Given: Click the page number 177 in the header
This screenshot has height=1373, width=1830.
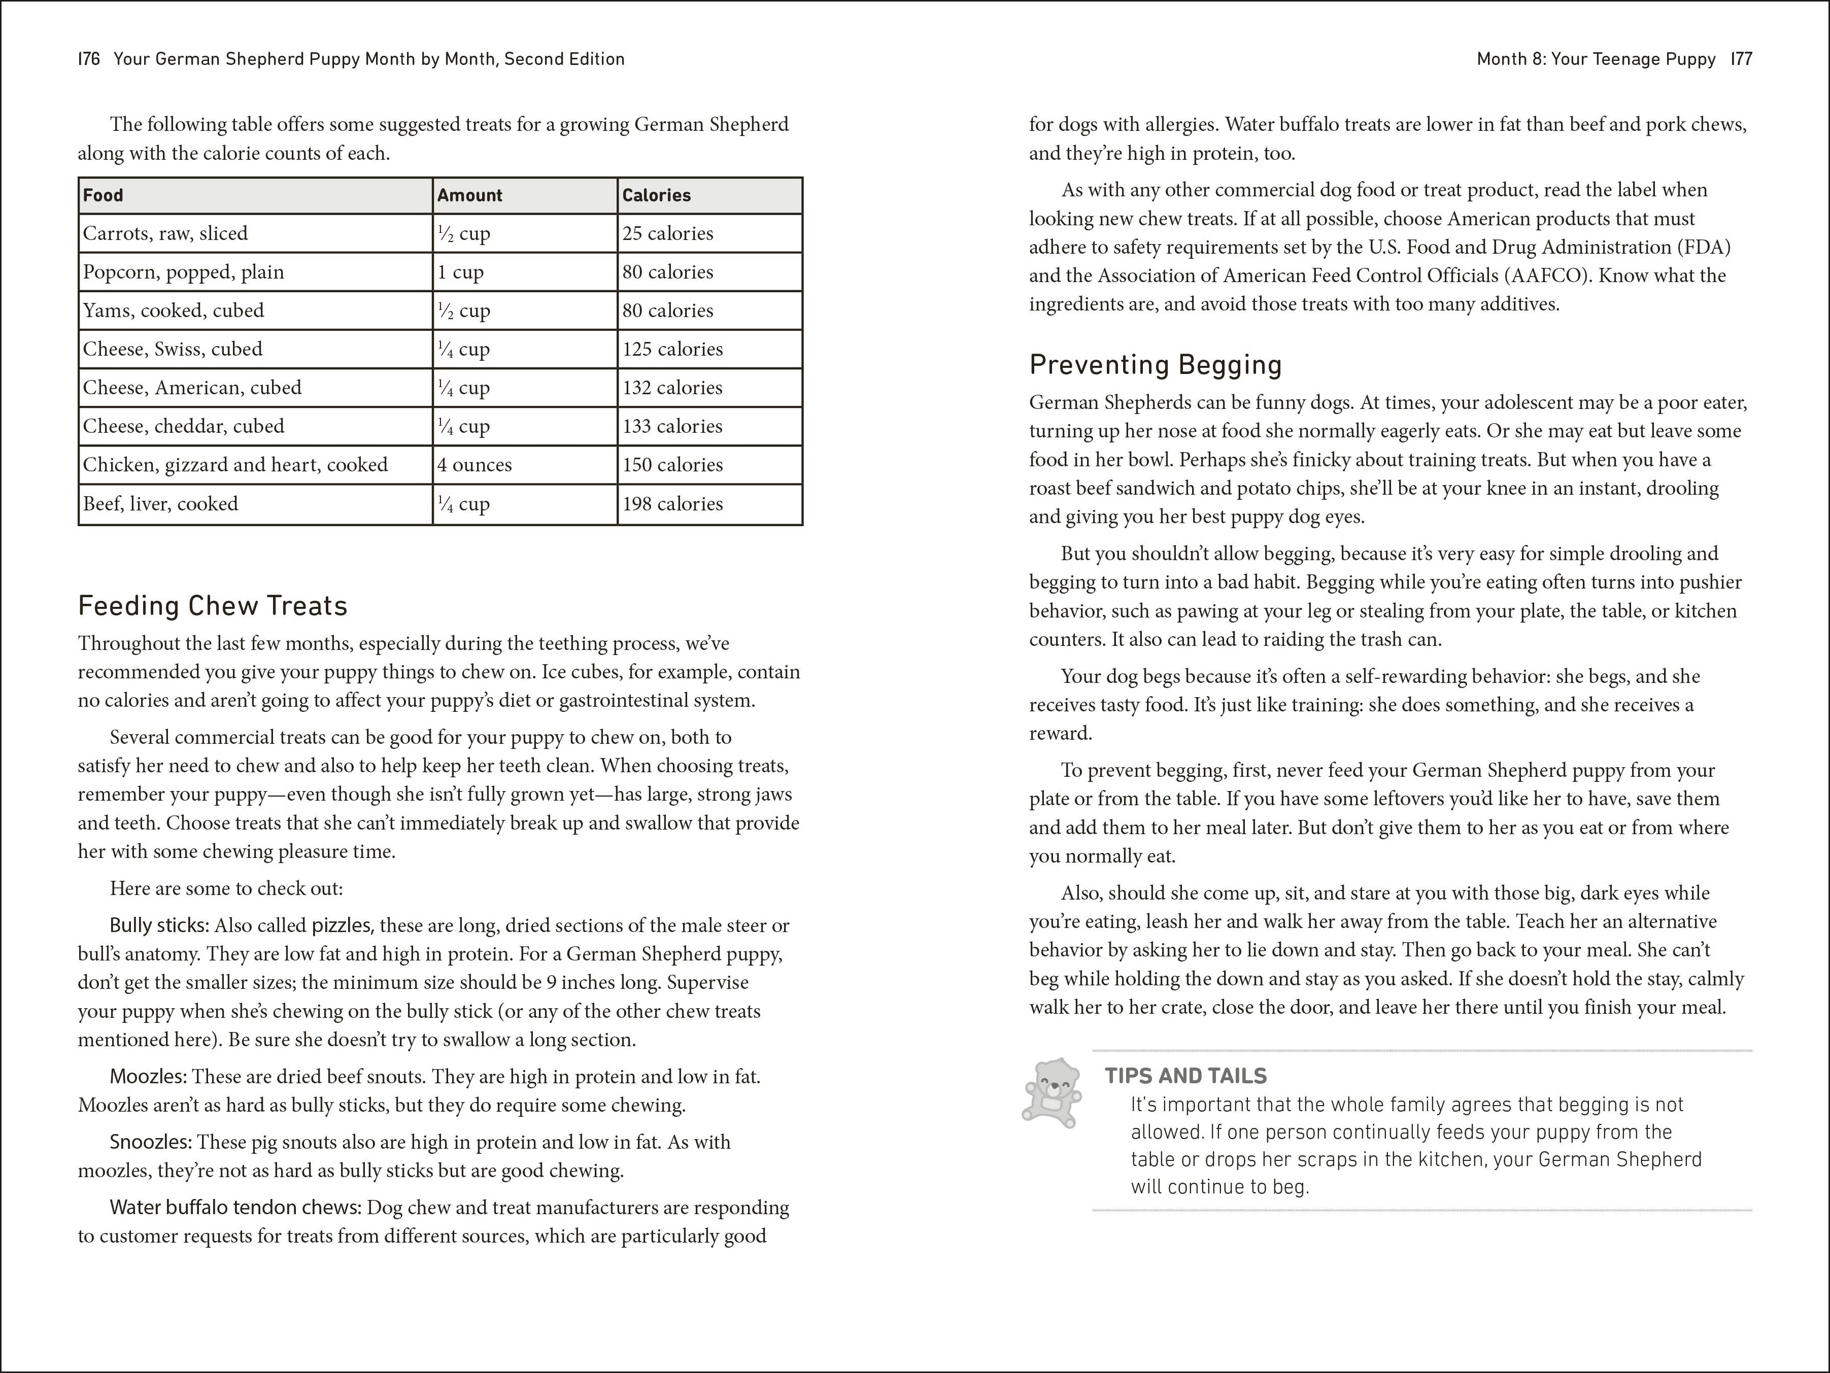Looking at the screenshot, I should pyautogui.click(x=1741, y=59).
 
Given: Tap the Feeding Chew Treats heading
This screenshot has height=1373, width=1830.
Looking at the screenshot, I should pyautogui.click(x=213, y=605).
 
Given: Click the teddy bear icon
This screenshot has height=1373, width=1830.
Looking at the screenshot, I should pyautogui.click(x=1052, y=1092).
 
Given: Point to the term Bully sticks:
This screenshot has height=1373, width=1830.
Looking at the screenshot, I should pyautogui.click(x=160, y=925).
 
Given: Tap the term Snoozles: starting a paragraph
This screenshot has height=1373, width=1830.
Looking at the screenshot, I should pyautogui.click(x=151, y=1142).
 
